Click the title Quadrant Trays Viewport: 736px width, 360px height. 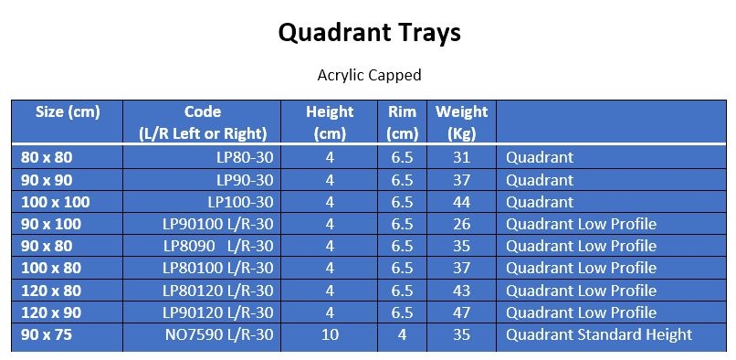[368, 34]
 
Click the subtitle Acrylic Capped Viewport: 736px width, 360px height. [368, 75]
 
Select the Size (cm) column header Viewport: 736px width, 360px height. [67, 111]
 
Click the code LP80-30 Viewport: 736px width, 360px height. [240, 157]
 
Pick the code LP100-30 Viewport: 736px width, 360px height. [240, 201]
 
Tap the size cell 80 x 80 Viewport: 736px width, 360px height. [47, 157]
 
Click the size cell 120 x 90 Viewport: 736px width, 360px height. [51, 312]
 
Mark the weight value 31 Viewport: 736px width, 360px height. [461, 157]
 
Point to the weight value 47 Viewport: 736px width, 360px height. [461, 312]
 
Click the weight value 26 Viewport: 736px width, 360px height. [461, 224]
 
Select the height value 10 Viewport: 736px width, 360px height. [330, 334]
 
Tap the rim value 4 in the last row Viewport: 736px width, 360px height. [402, 334]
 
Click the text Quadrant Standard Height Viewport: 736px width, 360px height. [599, 334]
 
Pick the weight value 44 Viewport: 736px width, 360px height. [461, 201]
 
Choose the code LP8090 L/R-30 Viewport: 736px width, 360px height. [218, 246]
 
